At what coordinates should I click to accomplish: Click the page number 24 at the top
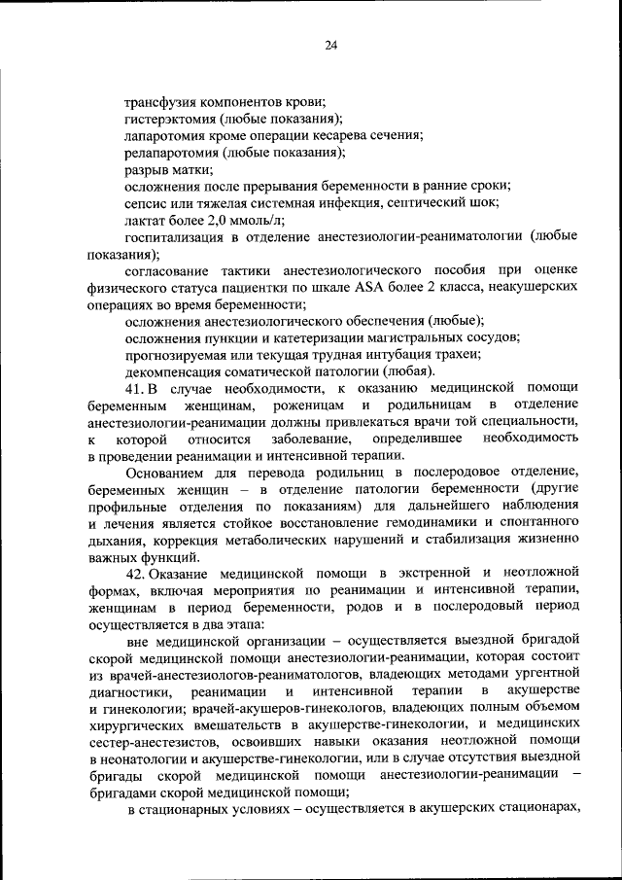pos(330,45)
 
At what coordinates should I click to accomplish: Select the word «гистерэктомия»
pos(171,119)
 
